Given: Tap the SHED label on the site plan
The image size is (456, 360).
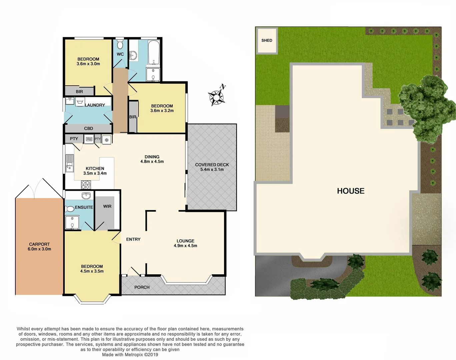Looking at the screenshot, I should tap(267, 40).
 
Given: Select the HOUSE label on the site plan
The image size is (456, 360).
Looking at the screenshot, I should tap(351, 191).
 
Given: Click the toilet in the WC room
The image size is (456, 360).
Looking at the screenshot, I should tap(120, 44).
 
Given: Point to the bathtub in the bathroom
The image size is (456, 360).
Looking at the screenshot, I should tap(154, 53).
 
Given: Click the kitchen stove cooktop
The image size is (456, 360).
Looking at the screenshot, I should tap(86, 184).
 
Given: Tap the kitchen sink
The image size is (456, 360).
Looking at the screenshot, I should tap(69, 163).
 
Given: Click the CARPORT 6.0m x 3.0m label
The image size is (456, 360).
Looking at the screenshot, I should tap(39, 247).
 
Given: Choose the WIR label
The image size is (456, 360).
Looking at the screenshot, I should tap(107, 206).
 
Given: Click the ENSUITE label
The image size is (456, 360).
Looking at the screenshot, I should tap(84, 207).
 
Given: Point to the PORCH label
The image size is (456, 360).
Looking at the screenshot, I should tap(142, 287).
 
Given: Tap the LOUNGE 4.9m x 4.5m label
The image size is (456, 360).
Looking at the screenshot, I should tap(185, 243).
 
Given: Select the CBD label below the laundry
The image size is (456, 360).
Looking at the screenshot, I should tap(89, 128).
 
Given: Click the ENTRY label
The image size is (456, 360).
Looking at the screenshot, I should tap(133, 239).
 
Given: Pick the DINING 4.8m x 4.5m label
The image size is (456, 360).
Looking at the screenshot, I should tap(152, 159).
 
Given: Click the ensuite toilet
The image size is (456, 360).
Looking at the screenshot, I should tap(69, 209).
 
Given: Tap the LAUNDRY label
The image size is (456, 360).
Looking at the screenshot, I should tap(95, 105).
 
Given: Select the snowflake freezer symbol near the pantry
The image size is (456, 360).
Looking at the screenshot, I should tap(107, 140).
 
